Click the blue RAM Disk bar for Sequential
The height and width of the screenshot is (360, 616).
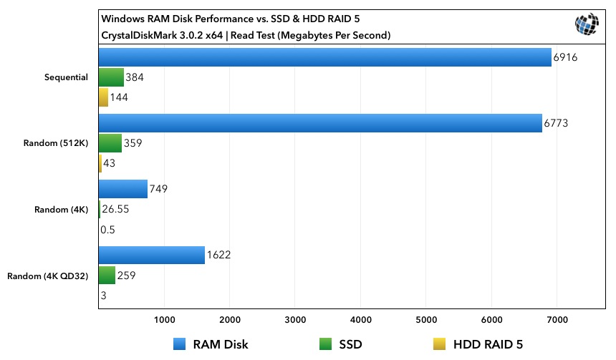324,57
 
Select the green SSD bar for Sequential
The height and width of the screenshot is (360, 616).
111,77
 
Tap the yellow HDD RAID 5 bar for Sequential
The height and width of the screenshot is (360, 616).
103,97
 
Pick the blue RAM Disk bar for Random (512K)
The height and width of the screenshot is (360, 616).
320,123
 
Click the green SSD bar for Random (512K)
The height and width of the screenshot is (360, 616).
110,143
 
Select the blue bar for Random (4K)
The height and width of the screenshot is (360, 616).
122,189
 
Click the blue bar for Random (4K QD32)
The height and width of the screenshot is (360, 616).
151,255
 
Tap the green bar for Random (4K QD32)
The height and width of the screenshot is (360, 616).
107,275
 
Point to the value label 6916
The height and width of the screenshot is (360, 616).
565,57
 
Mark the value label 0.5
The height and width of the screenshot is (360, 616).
108,230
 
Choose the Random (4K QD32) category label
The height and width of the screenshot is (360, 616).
47,276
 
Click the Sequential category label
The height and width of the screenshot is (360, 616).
64,77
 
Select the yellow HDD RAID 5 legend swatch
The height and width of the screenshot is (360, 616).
440,344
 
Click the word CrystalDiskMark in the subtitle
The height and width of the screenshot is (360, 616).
137,34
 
